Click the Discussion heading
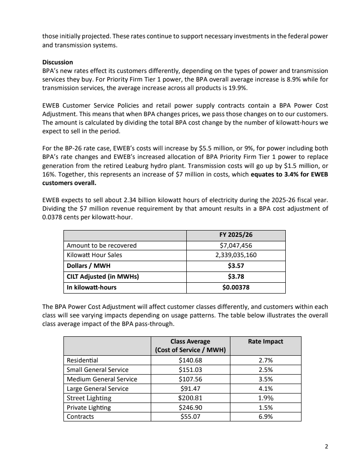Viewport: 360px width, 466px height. [58, 62]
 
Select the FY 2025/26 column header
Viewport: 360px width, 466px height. [236, 235]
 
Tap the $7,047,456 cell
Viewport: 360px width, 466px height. [236, 245]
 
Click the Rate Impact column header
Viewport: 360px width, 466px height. [265, 341]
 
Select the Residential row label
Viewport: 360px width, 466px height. [82, 360]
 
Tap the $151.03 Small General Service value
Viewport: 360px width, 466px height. [190, 370]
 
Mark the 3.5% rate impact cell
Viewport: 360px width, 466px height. [265, 379]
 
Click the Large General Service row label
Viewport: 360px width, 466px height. [98, 389]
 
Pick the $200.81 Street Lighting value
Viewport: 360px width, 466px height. [190, 398]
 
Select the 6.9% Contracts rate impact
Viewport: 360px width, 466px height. [265, 416]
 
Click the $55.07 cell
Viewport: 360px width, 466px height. [190, 416]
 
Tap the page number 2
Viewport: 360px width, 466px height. [326, 447]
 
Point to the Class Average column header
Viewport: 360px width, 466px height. [190, 346]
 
